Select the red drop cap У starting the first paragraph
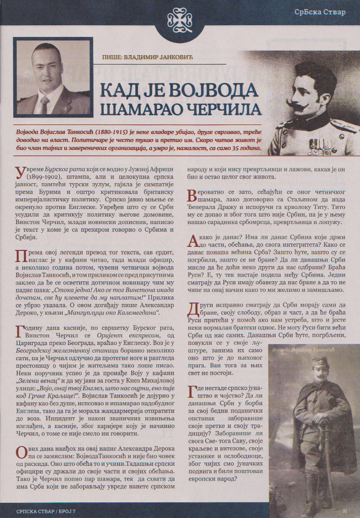[21, 172]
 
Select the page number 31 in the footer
[344, 510]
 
